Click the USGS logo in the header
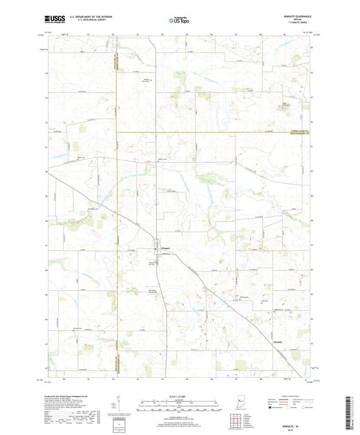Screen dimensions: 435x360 coord(54,19)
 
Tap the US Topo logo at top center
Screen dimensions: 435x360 coord(179,20)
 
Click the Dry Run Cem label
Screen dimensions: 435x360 coord(79,329)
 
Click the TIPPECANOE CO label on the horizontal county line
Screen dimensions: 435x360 coord(299,131)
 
